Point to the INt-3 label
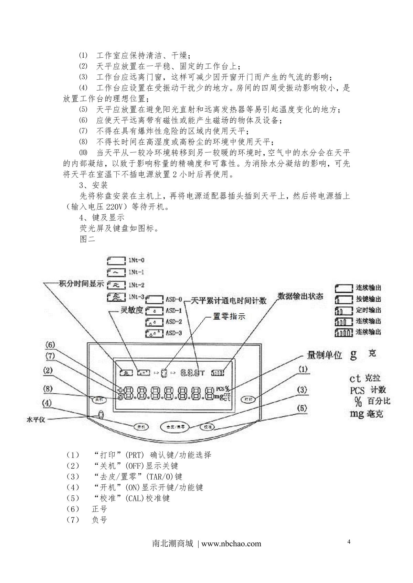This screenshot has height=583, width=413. pos(136,296)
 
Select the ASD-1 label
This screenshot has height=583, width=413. pos(173,311)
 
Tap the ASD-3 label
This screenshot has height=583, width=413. pos(173,333)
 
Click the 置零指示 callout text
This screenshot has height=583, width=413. pos(229,316)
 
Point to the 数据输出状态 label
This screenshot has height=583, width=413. pos(300,296)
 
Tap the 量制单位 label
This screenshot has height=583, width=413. pos(324,355)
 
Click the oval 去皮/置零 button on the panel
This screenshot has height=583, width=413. pos(176,427)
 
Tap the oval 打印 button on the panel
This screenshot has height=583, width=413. pos(248,400)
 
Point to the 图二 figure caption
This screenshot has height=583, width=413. pos(87,239)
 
